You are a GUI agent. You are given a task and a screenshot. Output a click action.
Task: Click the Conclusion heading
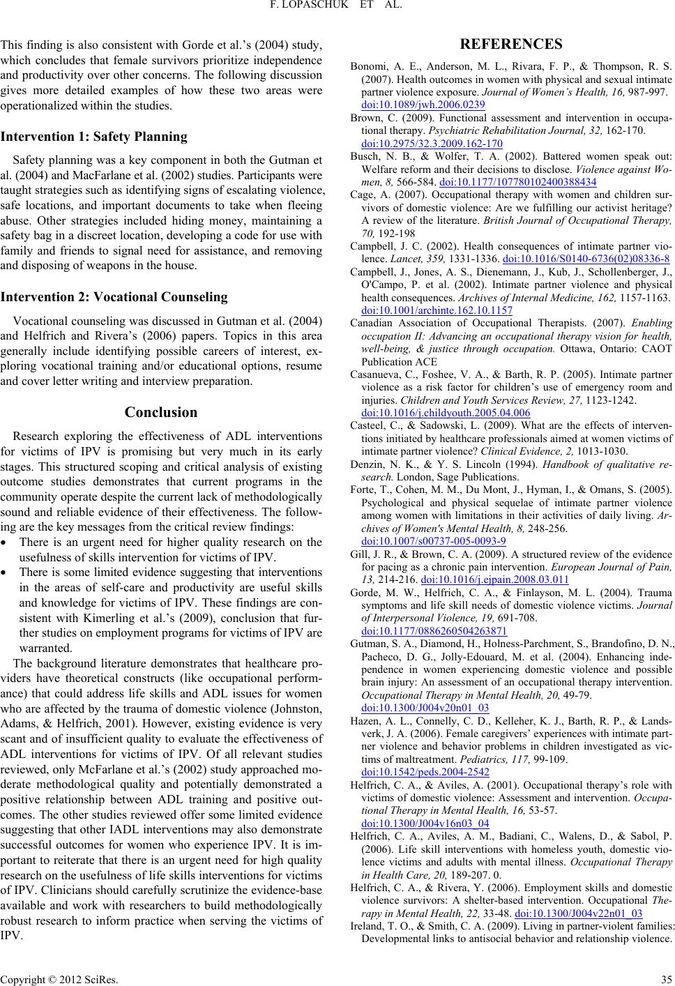pos(161,412)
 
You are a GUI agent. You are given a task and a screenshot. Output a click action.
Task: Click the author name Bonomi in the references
pos(366,68)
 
